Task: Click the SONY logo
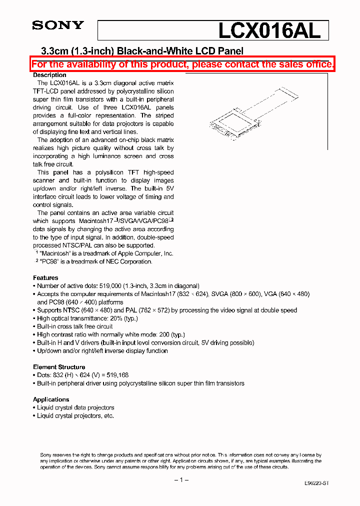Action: pyautogui.click(x=58, y=25)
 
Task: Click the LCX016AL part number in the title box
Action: pyautogui.click(x=268, y=30)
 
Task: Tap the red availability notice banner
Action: pyautogui.click(x=182, y=64)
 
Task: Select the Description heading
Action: pyautogui.click(x=49, y=75)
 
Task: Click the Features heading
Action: pyautogui.click(x=45, y=277)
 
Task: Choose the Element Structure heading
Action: pyautogui.click(x=59, y=367)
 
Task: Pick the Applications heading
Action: pyautogui.click(x=51, y=399)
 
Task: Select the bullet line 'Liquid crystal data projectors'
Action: pyautogui.click(x=75, y=407)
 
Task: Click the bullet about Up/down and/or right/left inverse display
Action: pyautogui.click(x=102, y=350)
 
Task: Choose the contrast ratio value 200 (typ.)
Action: pyautogui.click(x=169, y=334)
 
